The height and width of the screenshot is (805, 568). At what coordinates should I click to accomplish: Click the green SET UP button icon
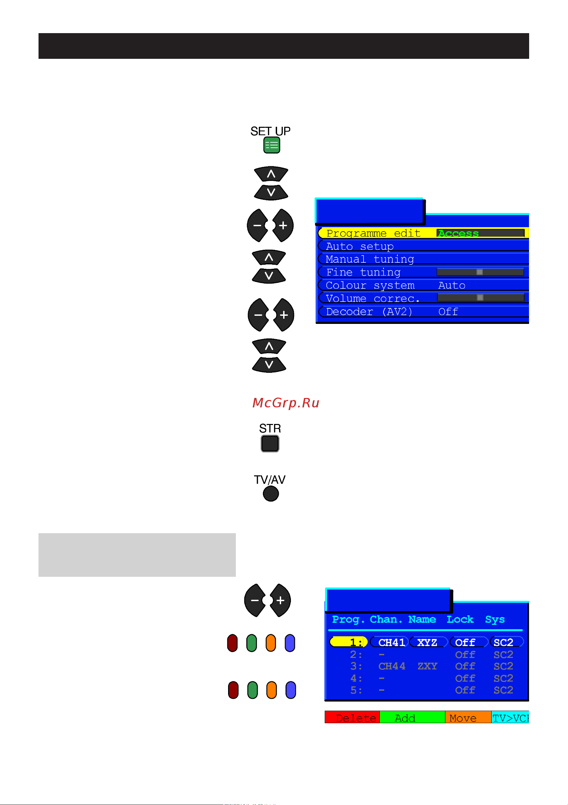tap(272, 145)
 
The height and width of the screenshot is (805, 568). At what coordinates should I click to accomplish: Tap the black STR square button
tap(270, 444)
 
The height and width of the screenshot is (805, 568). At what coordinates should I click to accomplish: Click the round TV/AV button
tap(271, 494)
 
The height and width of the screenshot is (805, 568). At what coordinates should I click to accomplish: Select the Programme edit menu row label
tap(373, 233)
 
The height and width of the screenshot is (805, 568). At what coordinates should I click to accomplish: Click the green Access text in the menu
tap(458, 233)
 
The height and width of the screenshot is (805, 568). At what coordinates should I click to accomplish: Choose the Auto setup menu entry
tap(360, 246)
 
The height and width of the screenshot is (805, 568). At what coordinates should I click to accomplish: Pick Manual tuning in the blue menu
tap(370, 259)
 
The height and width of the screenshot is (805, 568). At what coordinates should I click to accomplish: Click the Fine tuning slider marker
tap(479, 272)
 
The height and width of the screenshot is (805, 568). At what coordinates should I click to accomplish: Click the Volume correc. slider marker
tap(480, 298)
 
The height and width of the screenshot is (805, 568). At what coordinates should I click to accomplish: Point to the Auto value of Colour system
tap(452, 285)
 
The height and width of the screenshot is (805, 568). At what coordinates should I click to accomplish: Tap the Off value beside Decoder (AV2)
tap(448, 312)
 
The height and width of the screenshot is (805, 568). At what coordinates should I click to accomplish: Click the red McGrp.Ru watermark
tap(286, 403)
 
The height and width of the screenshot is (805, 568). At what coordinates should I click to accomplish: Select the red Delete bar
tap(352, 718)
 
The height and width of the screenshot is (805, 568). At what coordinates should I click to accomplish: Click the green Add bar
tap(412, 718)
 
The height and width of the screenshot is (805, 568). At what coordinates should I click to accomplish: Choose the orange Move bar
tap(468, 718)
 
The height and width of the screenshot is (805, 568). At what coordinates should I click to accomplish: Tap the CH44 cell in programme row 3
tap(392, 666)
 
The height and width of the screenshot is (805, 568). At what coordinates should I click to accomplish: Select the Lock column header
tap(460, 619)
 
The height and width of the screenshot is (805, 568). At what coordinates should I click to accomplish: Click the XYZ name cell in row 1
tap(427, 642)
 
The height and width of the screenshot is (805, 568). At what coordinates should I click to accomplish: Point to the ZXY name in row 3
tap(427, 666)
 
